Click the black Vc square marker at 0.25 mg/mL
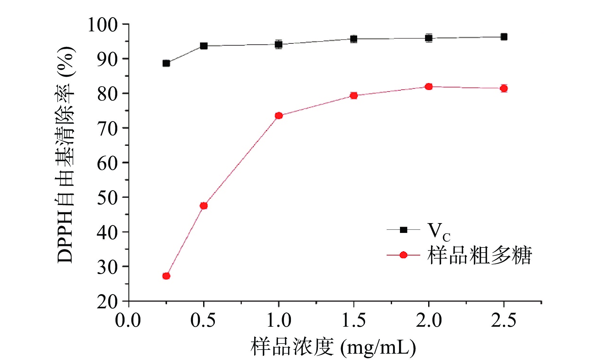point(166,63)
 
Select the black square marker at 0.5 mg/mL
point(204,46)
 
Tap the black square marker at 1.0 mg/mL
point(279,44)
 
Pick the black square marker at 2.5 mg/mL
point(504,37)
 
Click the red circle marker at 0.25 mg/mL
point(166,276)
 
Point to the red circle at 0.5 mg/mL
point(204,206)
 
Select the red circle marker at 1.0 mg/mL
point(279,116)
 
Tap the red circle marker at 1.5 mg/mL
point(354,95)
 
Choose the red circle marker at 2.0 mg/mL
point(429,87)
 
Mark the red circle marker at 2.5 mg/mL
point(504,88)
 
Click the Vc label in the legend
point(438,231)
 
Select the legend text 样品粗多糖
point(479,255)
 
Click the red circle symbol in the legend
point(403,255)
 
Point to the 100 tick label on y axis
point(102,25)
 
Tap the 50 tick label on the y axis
point(107,197)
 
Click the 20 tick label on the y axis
point(107,302)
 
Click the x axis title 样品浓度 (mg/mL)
point(333,347)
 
